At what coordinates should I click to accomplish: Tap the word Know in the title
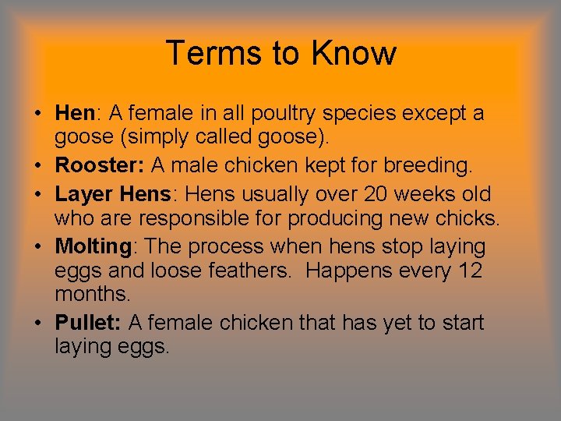[354, 53]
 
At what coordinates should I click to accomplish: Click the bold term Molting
[93, 246]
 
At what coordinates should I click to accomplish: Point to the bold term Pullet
[86, 322]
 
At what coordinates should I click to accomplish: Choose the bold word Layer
[83, 193]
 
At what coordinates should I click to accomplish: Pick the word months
[91, 295]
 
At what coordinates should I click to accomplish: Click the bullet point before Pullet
[37, 323]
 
